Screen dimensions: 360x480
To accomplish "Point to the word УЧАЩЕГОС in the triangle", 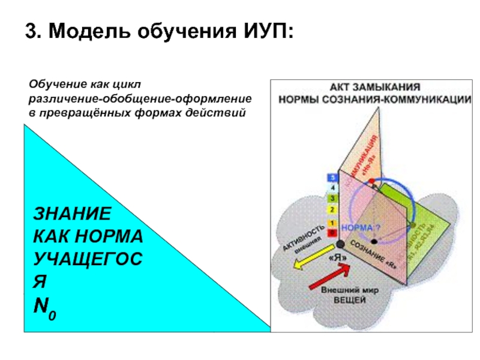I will tap(87, 259).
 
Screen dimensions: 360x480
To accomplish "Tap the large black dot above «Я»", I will tap(340, 244).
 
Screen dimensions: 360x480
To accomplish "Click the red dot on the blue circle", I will tap(371, 180).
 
